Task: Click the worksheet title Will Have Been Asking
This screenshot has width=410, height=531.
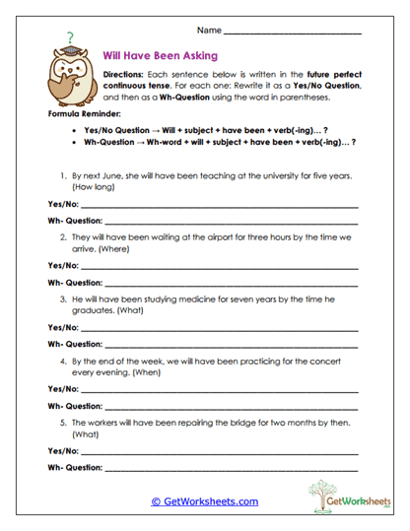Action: pos(161,55)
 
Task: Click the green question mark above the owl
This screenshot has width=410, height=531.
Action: pos(69,37)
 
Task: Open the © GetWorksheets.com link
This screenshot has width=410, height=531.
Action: pos(204,501)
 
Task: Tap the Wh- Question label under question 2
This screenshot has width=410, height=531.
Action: pos(75,282)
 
